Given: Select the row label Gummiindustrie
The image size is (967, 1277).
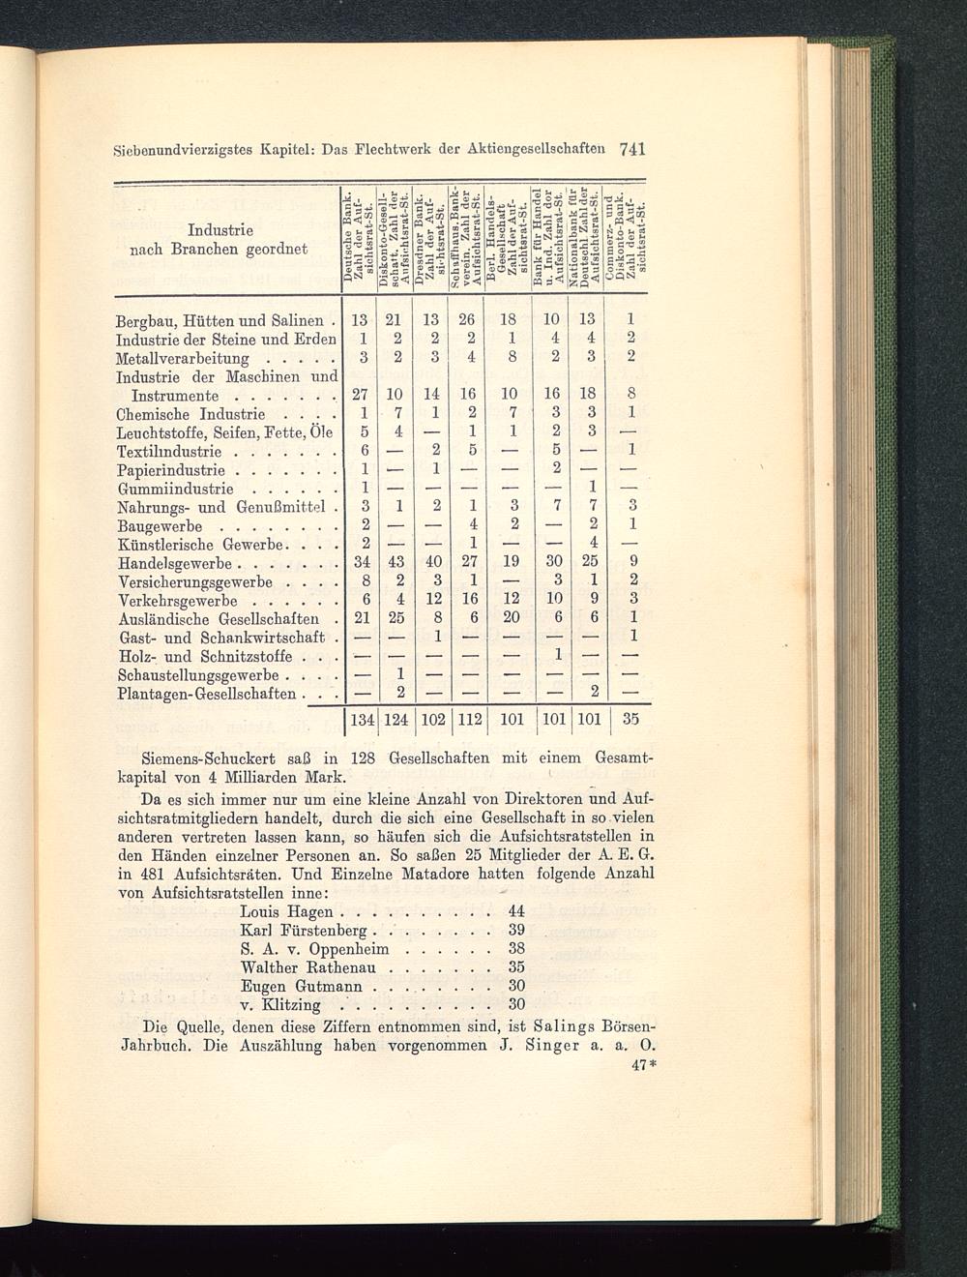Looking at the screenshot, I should point(170,489).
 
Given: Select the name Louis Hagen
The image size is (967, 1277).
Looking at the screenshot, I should point(286,912).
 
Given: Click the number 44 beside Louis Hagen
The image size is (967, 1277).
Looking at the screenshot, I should point(515,912).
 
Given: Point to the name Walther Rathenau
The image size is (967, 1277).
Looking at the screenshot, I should point(312,966).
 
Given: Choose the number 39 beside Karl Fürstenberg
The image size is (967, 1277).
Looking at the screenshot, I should point(515,931).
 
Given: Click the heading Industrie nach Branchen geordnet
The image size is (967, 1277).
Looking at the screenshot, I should point(220,240).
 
